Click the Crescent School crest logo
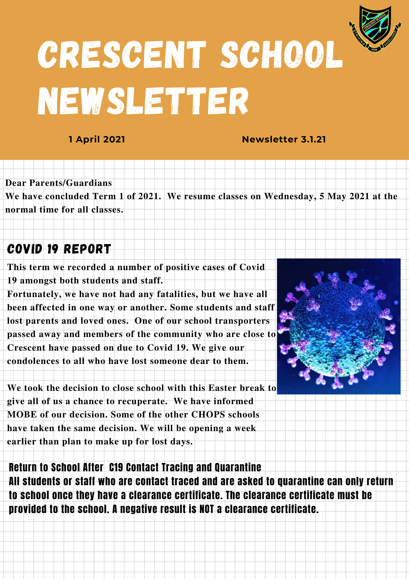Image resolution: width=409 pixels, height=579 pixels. (375, 28)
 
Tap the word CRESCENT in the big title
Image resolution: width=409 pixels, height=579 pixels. (122, 55)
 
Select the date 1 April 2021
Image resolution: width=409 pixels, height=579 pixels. (97, 140)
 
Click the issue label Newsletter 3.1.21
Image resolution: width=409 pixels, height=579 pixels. (284, 140)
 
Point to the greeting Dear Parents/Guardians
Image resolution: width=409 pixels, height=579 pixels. (58, 183)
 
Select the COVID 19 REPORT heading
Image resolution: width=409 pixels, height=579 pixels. (59, 249)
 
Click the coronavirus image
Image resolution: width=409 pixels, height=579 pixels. (338, 326)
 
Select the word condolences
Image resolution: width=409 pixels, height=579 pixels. (32, 361)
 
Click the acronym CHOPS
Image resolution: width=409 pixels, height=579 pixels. (208, 415)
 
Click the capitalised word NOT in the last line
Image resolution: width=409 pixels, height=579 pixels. (207, 509)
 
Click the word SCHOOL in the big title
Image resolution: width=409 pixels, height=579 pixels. (282, 55)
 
